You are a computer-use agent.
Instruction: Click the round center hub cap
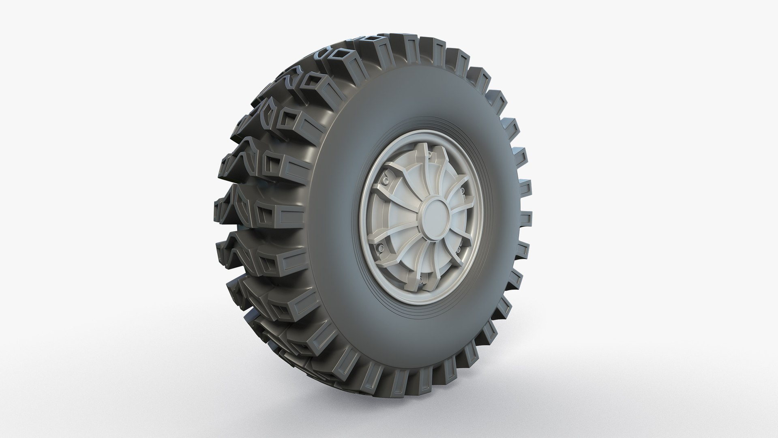pyautogui.click(x=436, y=217)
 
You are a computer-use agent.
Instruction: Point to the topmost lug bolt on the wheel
pyautogui.click(x=429, y=155)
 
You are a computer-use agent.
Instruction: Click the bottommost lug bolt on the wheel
pyautogui.click(x=421, y=280)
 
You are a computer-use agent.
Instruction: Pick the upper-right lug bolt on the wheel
pyautogui.click(x=463, y=191)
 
